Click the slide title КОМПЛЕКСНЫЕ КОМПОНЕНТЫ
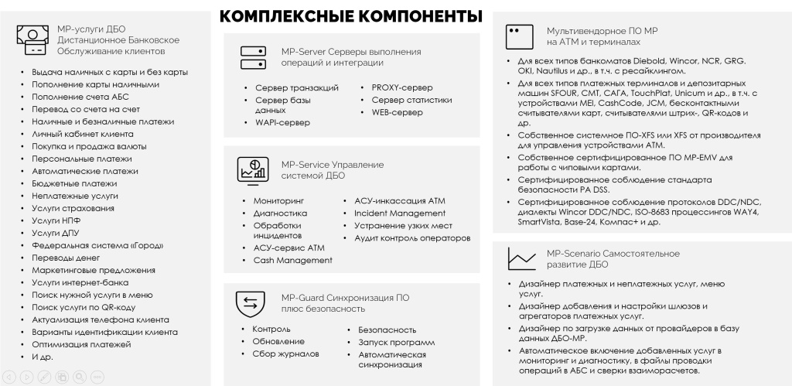pos(351,16)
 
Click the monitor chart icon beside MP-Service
pos(252,169)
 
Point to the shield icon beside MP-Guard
pos(251,303)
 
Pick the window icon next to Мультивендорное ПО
pos(518,35)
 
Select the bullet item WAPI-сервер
pos(282,122)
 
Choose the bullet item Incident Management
pos(400,213)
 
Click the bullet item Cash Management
pos(293,260)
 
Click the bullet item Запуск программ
pos(396,342)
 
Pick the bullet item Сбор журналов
pos(285,354)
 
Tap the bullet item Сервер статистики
pos(411,100)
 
